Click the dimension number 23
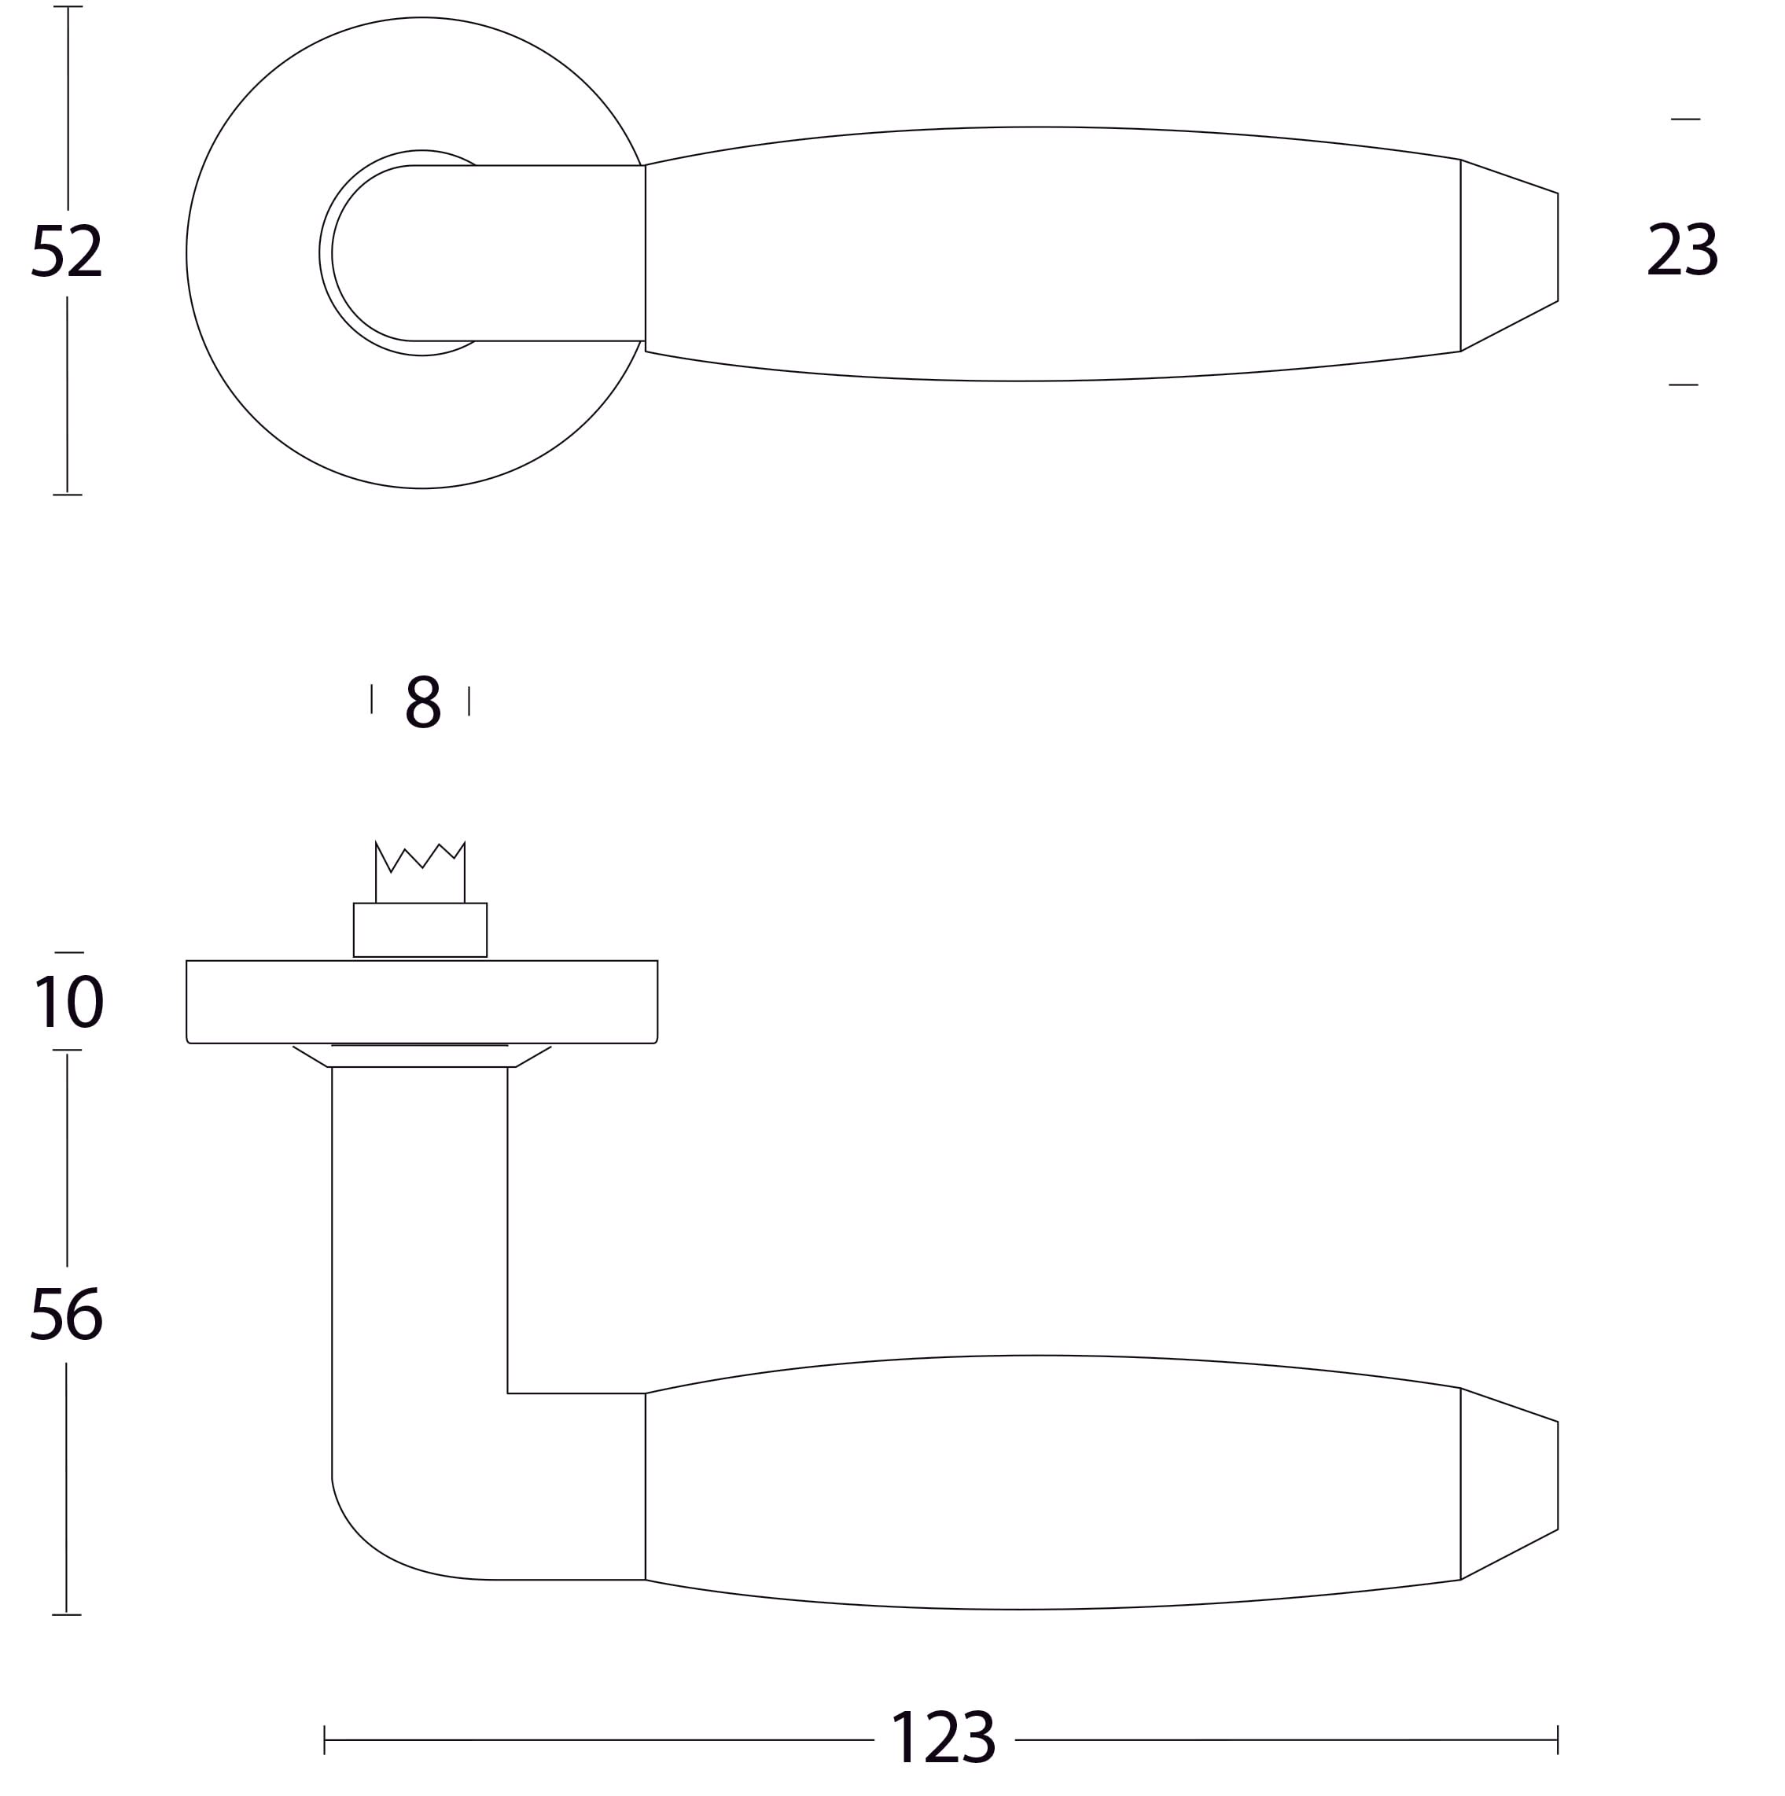pyautogui.click(x=1682, y=248)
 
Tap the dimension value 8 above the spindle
pyautogui.click(x=423, y=702)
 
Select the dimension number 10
pyautogui.click(x=68, y=1001)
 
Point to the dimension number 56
pyautogui.click(x=66, y=1313)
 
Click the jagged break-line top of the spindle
pyautogui.click(x=420, y=856)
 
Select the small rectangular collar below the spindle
pyautogui.click(x=420, y=929)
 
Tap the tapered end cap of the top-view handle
pyautogui.click(x=1509, y=255)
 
